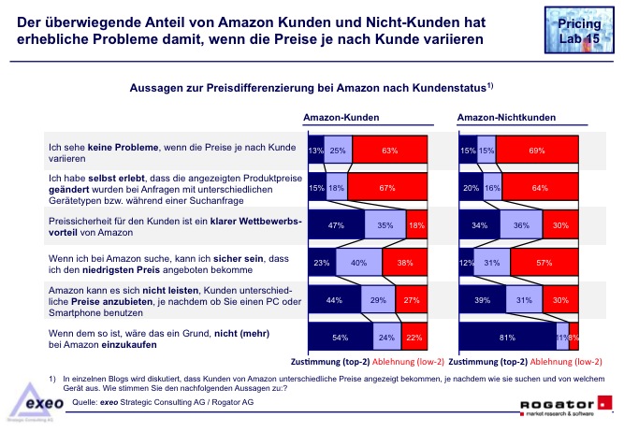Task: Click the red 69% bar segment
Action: pos(536,150)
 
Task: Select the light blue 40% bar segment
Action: pos(357,264)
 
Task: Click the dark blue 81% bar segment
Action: pos(507,338)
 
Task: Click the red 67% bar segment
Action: pos(384,188)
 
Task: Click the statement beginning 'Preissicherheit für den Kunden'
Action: pos(159,225)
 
